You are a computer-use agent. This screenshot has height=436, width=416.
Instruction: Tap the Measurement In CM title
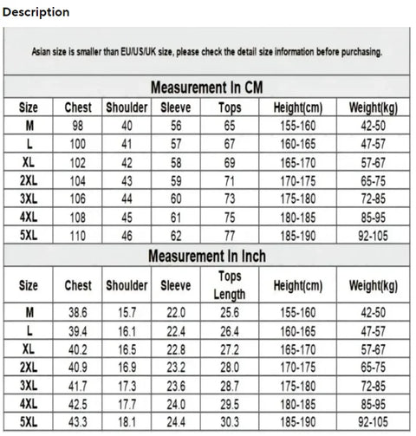(x=206, y=88)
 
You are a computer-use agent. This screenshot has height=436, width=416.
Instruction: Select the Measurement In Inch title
(x=206, y=257)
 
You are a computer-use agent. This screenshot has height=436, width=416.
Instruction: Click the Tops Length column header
(x=230, y=285)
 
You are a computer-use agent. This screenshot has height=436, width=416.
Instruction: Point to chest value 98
(x=78, y=126)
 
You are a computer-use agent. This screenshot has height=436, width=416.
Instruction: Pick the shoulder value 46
(x=127, y=235)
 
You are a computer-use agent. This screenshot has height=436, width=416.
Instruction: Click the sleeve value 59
(x=176, y=180)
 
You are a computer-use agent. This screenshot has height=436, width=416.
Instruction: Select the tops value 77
(x=230, y=235)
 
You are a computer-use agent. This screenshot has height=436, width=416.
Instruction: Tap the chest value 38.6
(x=78, y=311)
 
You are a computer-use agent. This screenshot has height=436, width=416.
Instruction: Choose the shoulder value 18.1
(x=127, y=420)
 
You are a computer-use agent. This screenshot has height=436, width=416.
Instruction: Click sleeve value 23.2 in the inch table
(x=176, y=366)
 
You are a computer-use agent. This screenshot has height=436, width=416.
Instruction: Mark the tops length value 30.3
(x=230, y=420)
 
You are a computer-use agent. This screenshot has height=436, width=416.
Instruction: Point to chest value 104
(x=78, y=180)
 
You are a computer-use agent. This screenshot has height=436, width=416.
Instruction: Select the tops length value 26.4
(x=230, y=329)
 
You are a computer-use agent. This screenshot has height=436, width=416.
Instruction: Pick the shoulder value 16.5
(x=127, y=348)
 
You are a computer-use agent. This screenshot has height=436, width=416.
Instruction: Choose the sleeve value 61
(x=176, y=217)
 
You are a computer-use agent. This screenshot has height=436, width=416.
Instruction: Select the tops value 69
(x=230, y=162)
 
